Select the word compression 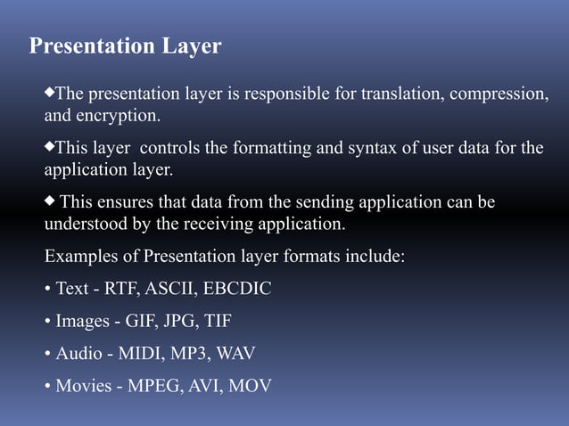click(x=501, y=94)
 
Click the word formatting click(x=273, y=148)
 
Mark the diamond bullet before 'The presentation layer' click(x=50, y=92)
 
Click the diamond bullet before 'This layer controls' click(x=50, y=144)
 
